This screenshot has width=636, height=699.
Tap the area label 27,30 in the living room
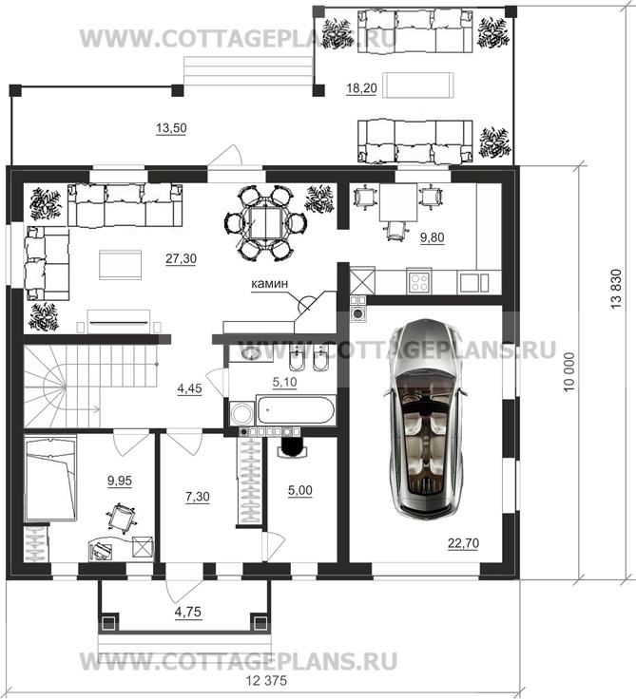[182, 259]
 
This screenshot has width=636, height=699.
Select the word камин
[270, 284]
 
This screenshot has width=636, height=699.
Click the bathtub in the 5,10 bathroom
[295, 408]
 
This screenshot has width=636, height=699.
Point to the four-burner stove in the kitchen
[419, 281]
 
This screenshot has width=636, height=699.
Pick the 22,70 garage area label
[463, 543]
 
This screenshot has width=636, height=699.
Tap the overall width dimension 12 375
[266, 681]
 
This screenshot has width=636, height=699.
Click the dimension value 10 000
[569, 372]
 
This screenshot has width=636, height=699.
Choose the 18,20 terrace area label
[361, 88]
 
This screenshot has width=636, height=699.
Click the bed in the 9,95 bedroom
[50, 479]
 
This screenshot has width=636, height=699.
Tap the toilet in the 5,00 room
[293, 446]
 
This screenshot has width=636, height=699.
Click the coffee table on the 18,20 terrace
[420, 85]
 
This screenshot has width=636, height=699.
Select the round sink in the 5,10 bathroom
[251, 354]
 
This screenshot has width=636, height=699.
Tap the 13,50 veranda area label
[171, 128]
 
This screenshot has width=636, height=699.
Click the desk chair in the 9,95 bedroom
[121, 518]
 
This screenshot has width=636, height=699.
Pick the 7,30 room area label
[198, 496]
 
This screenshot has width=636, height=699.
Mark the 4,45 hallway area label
[190, 388]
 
